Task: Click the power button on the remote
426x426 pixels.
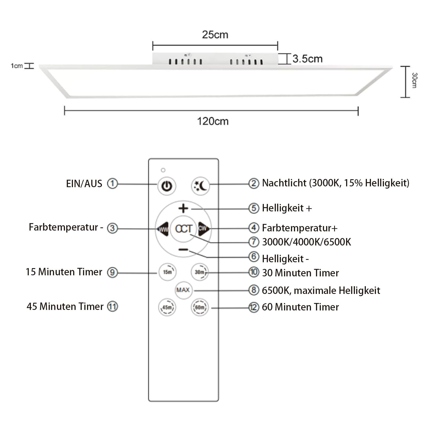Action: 167,186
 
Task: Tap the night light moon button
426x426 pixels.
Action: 200,186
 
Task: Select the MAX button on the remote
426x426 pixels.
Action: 183,290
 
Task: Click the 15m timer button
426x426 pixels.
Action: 167,272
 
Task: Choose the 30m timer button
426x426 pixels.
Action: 199,272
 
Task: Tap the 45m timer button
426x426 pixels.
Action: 167,307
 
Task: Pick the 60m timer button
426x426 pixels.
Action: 200,307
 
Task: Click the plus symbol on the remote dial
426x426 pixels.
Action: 183,208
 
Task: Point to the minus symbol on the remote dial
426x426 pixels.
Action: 183,250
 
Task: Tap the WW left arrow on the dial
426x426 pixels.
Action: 163,229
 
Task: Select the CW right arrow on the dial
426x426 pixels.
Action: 204,228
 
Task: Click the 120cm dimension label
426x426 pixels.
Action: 213,121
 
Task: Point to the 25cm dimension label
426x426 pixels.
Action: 215,35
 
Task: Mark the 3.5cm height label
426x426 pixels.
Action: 307,59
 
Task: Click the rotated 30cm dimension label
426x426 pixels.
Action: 414,80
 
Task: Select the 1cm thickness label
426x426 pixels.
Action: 17,66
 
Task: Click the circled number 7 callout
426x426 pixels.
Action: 253,242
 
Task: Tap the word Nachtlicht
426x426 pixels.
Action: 284,183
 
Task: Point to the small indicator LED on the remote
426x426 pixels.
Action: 163,170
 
